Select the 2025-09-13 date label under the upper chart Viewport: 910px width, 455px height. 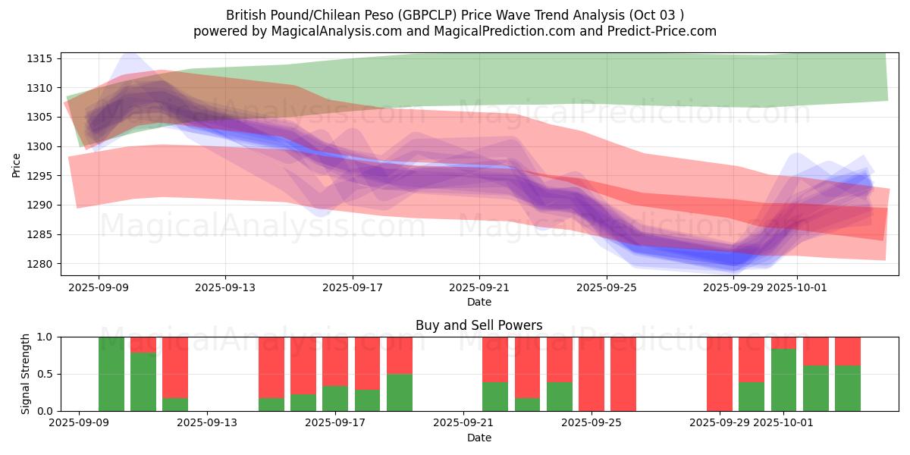click(x=225, y=288)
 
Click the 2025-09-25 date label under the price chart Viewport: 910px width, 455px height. click(x=606, y=288)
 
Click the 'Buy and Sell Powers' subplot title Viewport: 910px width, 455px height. click(x=479, y=325)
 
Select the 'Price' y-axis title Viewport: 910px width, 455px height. click(x=17, y=165)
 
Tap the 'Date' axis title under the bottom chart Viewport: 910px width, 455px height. click(x=479, y=438)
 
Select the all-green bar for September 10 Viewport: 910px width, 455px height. click(x=111, y=374)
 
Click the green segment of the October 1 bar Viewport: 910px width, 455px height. click(x=783, y=380)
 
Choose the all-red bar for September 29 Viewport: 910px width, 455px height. click(x=720, y=374)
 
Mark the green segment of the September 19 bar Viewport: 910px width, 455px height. click(x=400, y=393)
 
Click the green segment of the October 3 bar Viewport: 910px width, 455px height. click(x=848, y=388)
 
